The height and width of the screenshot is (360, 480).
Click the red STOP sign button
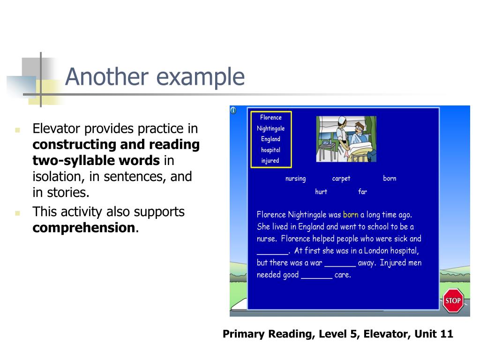point(453,300)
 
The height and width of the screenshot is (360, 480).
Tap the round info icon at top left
point(233,111)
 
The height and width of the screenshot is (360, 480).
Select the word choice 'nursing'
point(295,179)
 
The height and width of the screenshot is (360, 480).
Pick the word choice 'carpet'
point(341,179)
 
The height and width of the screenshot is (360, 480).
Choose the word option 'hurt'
point(321,192)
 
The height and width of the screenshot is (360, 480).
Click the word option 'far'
point(362,192)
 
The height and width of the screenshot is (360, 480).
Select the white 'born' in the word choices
point(390,179)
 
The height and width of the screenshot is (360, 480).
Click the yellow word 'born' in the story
point(351,215)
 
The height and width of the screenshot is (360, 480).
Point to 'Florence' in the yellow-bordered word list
point(271,118)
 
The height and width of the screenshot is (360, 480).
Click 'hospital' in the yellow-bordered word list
point(270,150)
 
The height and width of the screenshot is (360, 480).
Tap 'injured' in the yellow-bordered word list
point(270,161)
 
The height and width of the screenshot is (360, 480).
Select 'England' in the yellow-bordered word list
point(270,139)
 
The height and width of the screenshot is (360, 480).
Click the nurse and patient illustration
point(346,139)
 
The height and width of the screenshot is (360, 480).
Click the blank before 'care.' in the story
point(316,275)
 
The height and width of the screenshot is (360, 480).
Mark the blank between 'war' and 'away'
point(340,263)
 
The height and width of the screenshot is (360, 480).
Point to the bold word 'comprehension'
point(84,228)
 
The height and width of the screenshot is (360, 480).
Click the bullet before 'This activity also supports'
point(17,213)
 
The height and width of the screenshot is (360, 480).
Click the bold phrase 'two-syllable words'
point(96,161)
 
